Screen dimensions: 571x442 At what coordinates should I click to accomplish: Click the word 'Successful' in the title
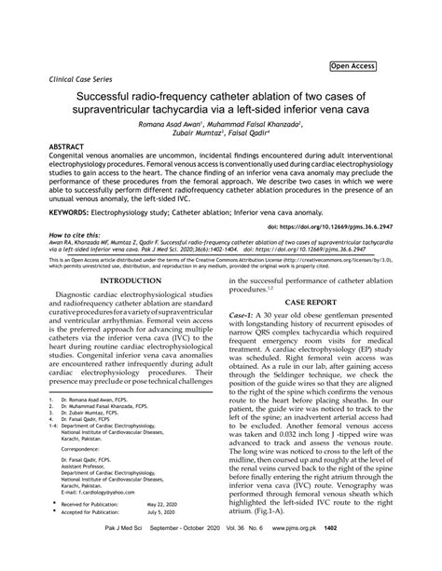112,97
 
